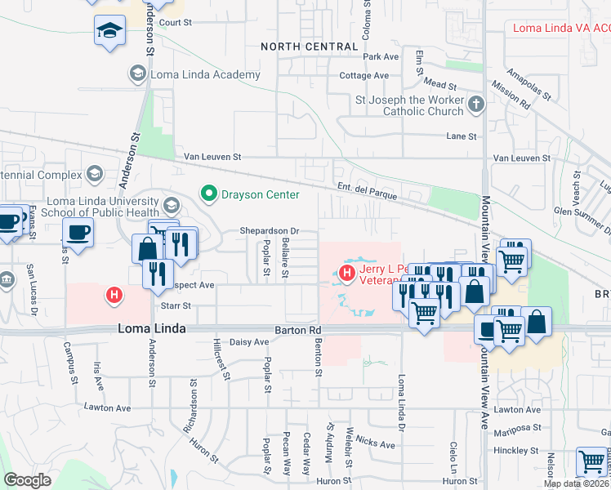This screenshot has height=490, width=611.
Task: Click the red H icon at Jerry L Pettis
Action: pyautogui.click(x=347, y=272)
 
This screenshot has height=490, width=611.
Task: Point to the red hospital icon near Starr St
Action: pyautogui.click(x=114, y=294)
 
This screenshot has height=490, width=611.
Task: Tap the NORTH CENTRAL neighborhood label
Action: pyautogui.click(x=310, y=47)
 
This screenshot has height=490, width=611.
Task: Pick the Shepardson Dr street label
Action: pyautogui.click(x=270, y=231)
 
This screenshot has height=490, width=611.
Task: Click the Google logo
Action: pyautogui.click(x=27, y=480)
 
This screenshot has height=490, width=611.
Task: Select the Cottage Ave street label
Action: pyautogui.click(x=363, y=75)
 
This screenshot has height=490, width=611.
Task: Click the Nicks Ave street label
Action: pyautogui.click(x=376, y=442)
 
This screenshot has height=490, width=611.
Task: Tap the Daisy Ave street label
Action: pyautogui.click(x=249, y=341)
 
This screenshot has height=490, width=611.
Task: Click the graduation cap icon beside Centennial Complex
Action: pyautogui.click(x=95, y=174)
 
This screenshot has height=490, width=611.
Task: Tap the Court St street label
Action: pyautogui.click(x=175, y=23)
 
